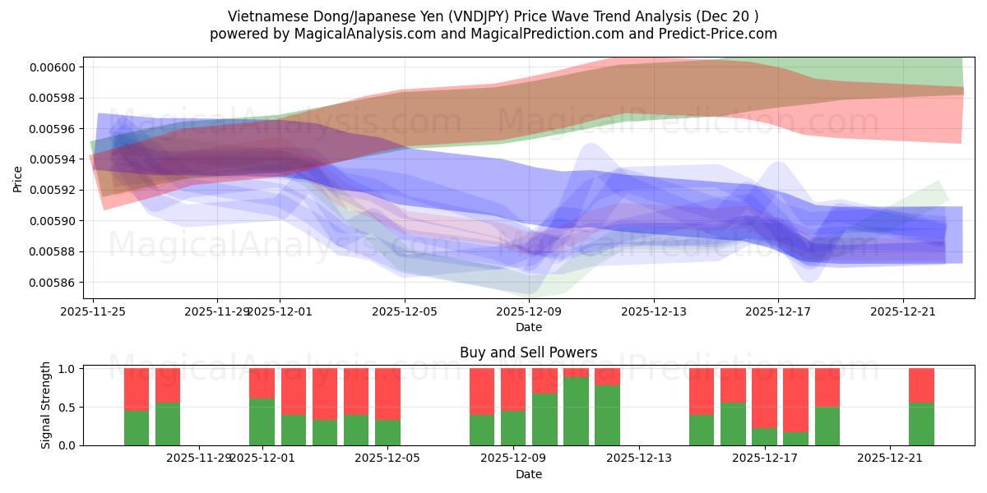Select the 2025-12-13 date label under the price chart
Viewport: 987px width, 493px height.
[653, 311]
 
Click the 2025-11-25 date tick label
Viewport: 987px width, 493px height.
[93, 311]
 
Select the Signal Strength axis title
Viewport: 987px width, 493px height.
[46, 406]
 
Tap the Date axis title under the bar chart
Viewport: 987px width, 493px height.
[528, 474]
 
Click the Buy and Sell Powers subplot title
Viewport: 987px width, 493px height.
[528, 352]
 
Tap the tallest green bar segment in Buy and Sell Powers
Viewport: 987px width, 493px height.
[576, 411]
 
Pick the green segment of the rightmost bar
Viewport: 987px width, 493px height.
[921, 424]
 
